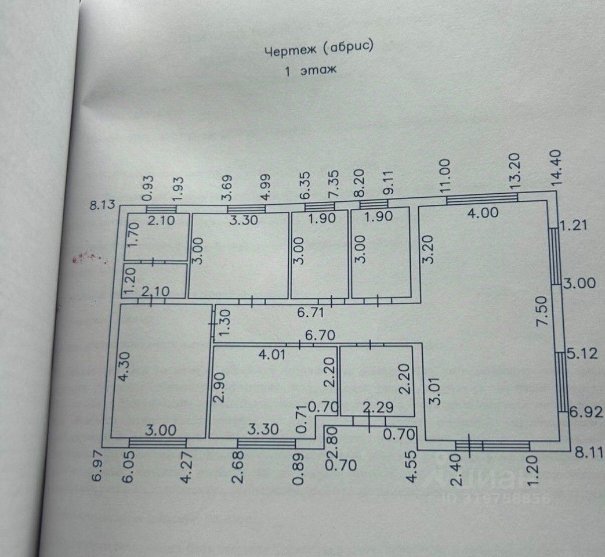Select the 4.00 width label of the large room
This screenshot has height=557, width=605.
pyautogui.click(x=483, y=213)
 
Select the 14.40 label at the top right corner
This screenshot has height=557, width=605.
pyautogui.click(x=557, y=168)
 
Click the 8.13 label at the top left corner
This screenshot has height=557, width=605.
pyautogui.click(x=104, y=204)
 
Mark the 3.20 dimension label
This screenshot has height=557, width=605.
pyautogui.click(x=430, y=249)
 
